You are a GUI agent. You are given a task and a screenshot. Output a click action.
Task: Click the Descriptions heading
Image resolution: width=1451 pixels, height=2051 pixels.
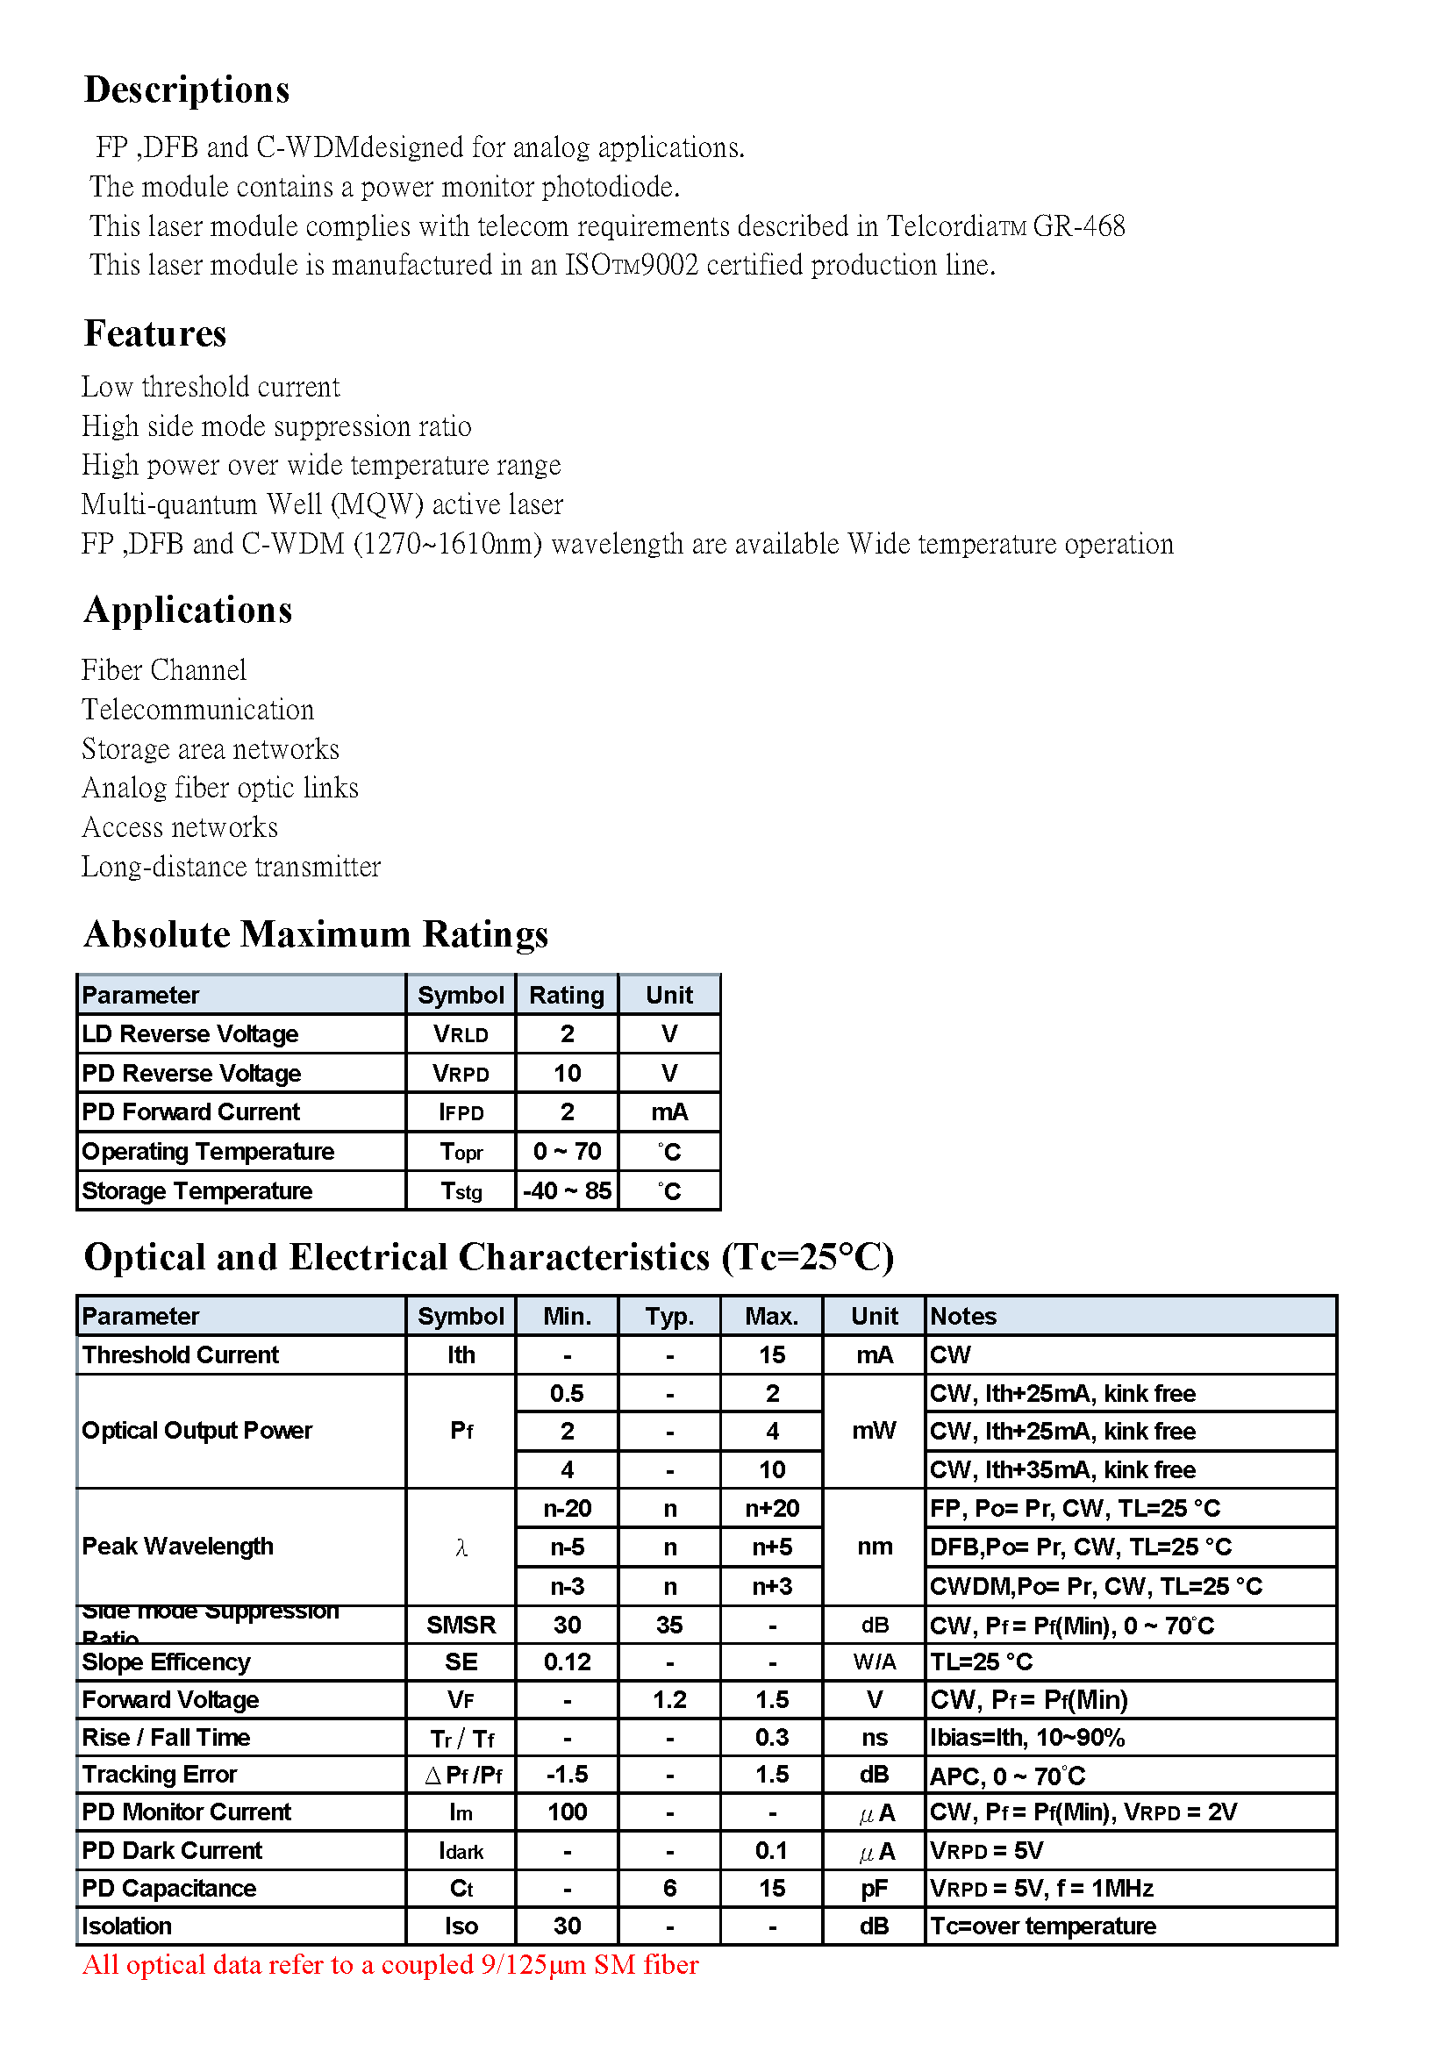pyautogui.click(x=187, y=90)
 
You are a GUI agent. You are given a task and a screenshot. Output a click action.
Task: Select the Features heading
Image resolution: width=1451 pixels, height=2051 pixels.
pyautogui.click(x=154, y=334)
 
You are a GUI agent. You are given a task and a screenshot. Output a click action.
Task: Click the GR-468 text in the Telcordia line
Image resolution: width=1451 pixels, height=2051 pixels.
pyautogui.click(x=1078, y=227)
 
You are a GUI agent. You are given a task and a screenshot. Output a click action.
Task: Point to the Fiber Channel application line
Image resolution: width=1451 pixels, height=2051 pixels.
pyautogui.click(x=163, y=670)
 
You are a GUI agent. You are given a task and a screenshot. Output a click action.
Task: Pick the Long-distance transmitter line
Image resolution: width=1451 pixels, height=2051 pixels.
pyautogui.click(x=231, y=867)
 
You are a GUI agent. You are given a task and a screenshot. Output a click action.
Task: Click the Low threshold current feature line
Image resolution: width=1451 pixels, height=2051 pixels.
pyautogui.click(x=210, y=387)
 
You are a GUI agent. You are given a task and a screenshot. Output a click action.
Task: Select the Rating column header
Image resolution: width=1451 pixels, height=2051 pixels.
pyautogui.click(x=567, y=995)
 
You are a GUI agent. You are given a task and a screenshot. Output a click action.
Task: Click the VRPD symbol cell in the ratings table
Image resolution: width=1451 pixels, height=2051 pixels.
pyautogui.click(x=461, y=1073)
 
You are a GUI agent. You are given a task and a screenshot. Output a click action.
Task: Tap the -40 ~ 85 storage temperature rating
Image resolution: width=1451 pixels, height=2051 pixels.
pyautogui.click(x=567, y=1190)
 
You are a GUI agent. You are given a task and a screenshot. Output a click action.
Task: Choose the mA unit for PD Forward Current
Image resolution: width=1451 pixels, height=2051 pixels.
pyautogui.click(x=669, y=1112)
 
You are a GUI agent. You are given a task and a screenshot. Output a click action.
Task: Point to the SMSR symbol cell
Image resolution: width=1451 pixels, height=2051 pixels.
pyautogui.click(x=461, y=1625)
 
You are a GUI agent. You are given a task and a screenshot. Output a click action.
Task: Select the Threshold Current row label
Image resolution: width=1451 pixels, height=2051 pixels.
pyautogui.click(x=181, y=1355)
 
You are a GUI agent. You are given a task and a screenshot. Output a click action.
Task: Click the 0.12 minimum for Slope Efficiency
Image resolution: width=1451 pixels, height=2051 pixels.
pyautogui.click(x=568, y=1662)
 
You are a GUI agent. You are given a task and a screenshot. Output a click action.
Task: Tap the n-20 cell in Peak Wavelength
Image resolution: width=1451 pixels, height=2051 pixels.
pyautogui.click(x=568, y=1509)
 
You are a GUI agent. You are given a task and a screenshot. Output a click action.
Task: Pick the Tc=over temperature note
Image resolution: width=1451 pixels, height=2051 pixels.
pyautogui.click(x=1043, y=1926)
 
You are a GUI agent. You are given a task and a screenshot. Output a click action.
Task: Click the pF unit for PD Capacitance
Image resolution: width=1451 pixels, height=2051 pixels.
pyautogui.click(x=874, y=1889)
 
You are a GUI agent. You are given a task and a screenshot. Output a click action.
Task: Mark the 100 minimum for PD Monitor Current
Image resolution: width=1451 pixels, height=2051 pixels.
pyautogui.click(x=568, y=1812)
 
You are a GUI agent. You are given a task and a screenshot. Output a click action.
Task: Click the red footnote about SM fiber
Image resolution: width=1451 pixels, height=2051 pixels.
pyautogui.click(x=390, y=1965)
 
